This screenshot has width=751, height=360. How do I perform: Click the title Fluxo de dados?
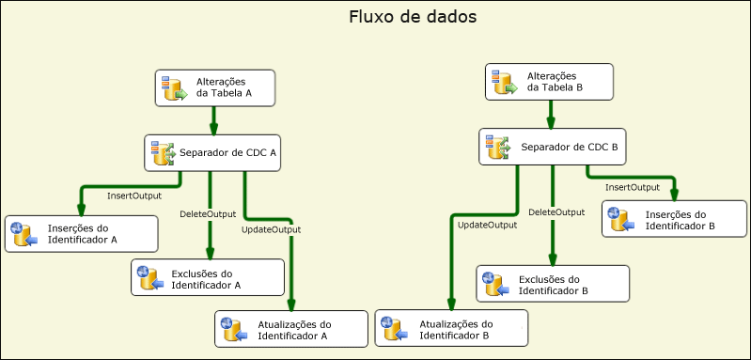399,18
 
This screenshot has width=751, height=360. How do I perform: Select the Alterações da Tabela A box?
214,87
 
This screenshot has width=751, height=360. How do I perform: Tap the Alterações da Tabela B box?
550,82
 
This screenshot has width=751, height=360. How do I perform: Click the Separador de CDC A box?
213,152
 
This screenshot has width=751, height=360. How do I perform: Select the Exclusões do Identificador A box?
208,277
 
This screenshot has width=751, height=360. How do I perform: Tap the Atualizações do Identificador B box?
451,329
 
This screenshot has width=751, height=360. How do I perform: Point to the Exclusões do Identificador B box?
551,285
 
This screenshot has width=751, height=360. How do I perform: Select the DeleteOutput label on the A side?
208,214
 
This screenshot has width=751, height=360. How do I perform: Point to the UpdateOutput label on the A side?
271,229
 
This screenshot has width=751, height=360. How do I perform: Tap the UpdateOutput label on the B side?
487,225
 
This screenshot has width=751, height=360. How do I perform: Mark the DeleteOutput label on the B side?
556,212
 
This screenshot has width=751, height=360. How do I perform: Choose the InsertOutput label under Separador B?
633,188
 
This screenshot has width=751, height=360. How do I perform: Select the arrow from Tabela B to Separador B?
551,115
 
